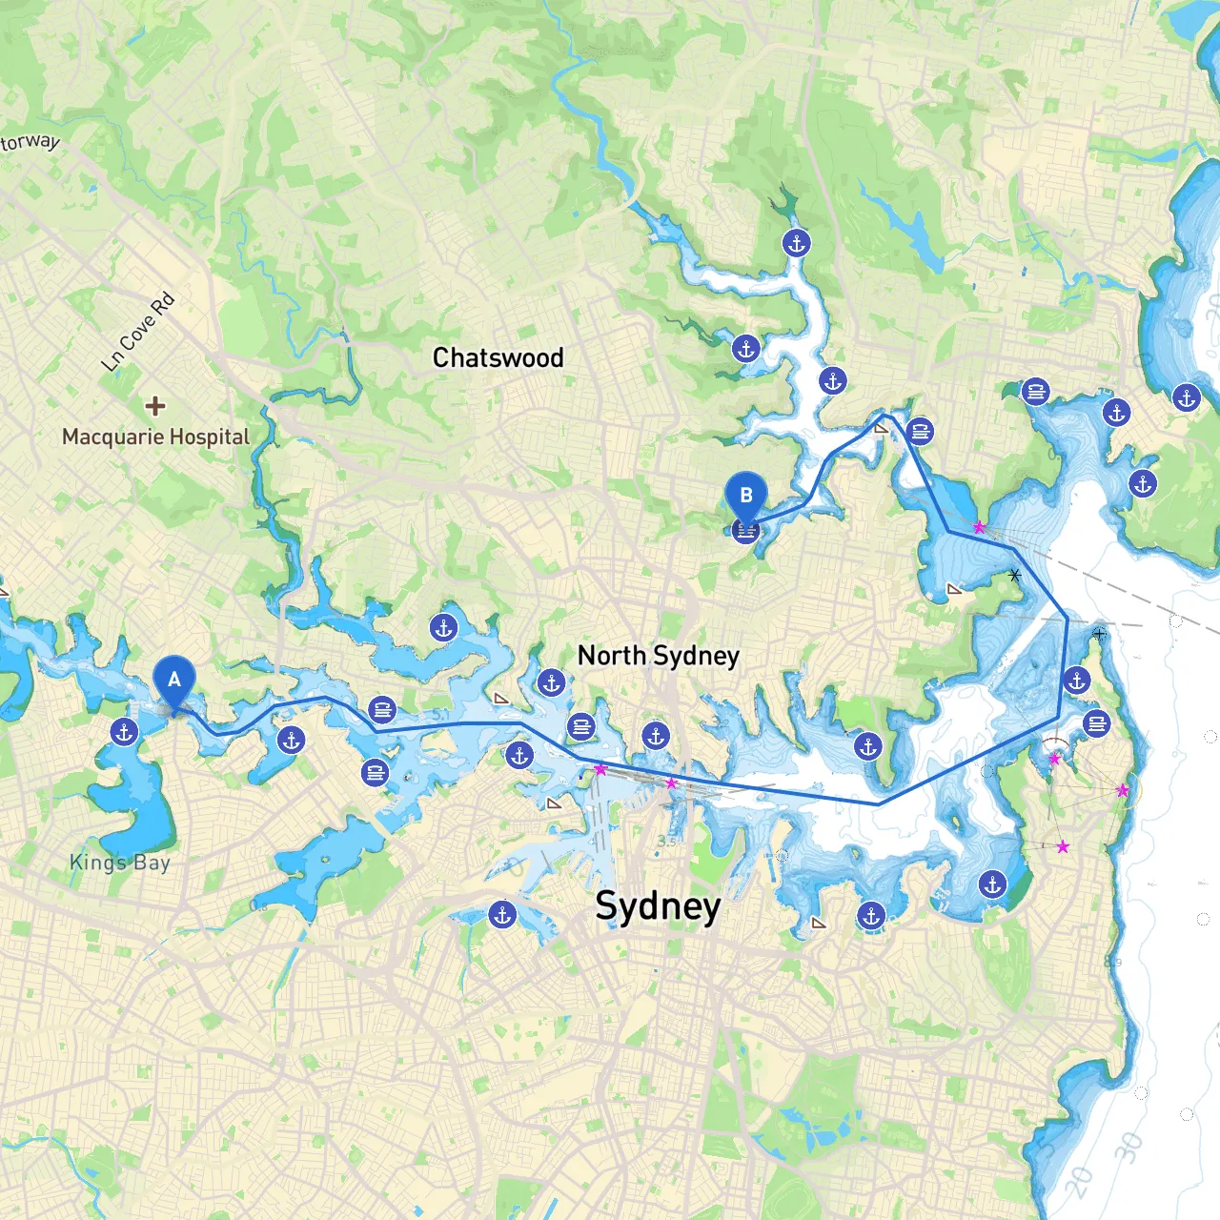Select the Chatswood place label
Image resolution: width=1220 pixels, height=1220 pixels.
point(498,357)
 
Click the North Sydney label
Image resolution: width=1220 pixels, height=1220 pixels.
point(658,656)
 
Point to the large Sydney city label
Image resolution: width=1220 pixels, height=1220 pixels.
point(658,905)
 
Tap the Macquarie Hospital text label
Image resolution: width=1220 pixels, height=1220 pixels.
point(155,437)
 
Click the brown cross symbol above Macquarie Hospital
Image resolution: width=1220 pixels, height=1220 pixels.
point(154,406)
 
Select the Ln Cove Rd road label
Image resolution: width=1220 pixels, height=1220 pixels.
point(138,331)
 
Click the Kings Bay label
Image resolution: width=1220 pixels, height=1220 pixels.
point(120,863)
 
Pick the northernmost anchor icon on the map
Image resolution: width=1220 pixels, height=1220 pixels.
point(796,243)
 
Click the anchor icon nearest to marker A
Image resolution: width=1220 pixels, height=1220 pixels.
point(124,732)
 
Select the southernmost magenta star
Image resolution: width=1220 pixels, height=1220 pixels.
point(1063,846)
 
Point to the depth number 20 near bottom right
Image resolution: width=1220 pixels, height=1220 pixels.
point(1078,1183)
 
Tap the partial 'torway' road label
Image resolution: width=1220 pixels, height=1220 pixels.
point(30,143)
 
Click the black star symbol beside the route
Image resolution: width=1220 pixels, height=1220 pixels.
point(1015,576)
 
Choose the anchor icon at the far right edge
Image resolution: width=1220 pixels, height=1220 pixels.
point(1186,397)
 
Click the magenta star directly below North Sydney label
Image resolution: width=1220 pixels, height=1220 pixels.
point(671,783)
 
